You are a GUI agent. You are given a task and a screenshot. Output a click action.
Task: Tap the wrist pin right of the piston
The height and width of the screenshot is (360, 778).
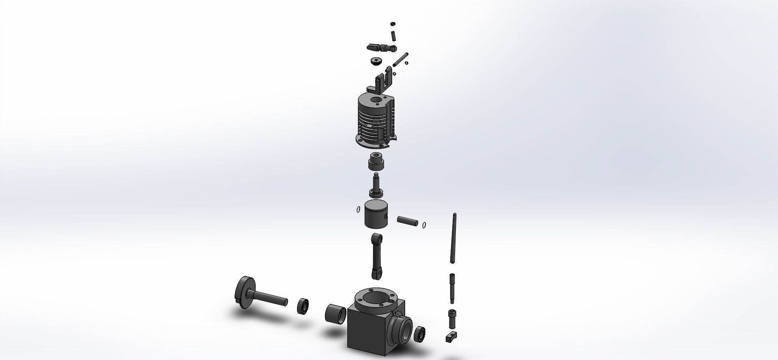click(407, 222)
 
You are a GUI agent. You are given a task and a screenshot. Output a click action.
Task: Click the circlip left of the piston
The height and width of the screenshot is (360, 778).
click(358, 209)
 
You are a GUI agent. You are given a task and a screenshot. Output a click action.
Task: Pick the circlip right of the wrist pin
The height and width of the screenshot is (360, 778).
click(424, 225)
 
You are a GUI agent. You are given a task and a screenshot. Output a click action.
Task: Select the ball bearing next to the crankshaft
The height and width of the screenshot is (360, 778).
click(302, 306)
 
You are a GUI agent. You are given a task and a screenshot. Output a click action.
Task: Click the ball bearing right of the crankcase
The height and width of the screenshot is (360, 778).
click(420, 334)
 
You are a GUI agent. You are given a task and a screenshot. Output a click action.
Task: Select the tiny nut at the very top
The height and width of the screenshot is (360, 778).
click(392, 23)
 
